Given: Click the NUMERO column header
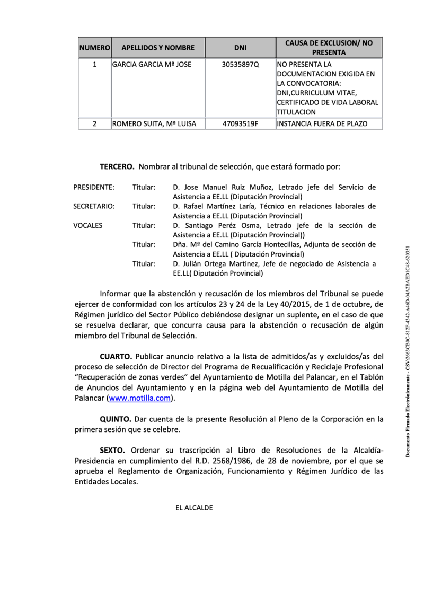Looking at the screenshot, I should [x=95, y=48].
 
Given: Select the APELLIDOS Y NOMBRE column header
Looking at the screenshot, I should [x=158, y=48].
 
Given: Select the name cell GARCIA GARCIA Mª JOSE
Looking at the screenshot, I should [x=152, y=65].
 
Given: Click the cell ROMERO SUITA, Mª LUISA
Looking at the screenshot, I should [x=154, y=124].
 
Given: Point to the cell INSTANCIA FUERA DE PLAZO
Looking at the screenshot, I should [x=321, y=124].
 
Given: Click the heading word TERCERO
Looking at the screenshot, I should [x=117, y=166].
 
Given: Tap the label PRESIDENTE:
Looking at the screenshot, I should [x=93, y=187].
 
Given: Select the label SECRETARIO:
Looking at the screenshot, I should [x=94, y=206].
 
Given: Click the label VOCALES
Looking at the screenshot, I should [x=88, y=225].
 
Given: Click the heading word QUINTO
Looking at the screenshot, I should [x=116, y=419].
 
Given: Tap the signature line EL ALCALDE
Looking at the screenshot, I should [x=194, y=508].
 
